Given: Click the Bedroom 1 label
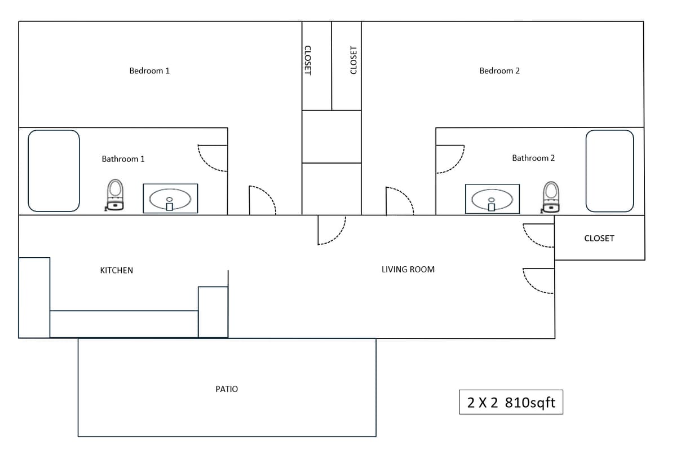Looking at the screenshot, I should click(149, 70).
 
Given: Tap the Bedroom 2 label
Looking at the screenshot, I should click(499, 70).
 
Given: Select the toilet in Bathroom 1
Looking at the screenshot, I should click(115, 195).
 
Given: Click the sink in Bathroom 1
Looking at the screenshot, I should click(170, 199).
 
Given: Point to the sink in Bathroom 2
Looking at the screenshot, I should click(492, 199).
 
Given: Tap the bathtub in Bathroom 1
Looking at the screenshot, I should click(54, 171).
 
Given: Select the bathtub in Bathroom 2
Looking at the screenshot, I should click(609, 171).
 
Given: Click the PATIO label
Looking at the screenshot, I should click(227, 389).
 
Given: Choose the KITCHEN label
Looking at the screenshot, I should click(117, 270).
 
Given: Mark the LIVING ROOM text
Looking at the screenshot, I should click(408, 270).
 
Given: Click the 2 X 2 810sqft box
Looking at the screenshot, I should click(511, 403).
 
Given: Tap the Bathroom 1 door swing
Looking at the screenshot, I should click(213, 158).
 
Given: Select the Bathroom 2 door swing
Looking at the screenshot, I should click(450, 159).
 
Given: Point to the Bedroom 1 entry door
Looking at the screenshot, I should click(262, 200).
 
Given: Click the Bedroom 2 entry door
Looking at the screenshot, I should click(399, 201).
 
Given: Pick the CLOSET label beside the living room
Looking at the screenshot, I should click(599, 239).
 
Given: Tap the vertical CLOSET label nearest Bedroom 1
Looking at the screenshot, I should click(308, 60).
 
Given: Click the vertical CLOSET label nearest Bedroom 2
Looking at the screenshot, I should click(353, 60).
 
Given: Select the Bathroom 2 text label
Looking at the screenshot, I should click(533, 158).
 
